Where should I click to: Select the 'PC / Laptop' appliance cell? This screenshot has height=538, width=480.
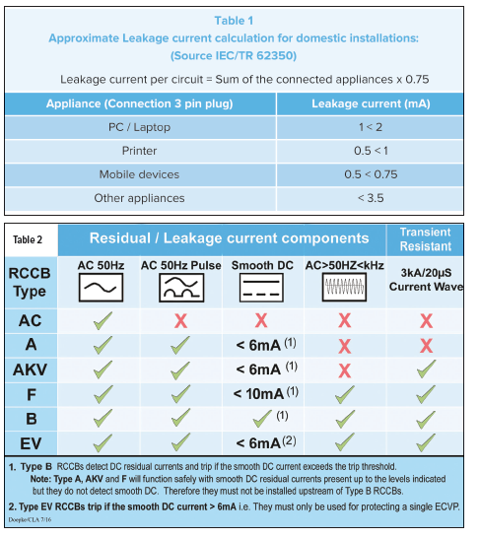pos(139,128)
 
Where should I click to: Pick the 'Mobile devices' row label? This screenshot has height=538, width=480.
pos(139,174)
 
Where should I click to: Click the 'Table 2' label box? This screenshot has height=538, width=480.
pos(31,239)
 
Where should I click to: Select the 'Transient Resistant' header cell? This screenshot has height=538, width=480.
pos(426,239)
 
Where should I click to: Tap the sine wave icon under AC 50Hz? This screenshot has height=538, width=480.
pos(102,287)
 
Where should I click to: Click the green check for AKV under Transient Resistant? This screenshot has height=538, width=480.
pos(426,370)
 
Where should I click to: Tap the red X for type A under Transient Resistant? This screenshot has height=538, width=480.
pos(426,345)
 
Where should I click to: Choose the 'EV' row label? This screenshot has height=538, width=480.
pos(31,442)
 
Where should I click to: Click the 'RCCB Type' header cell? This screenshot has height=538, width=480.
pos(31,282)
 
